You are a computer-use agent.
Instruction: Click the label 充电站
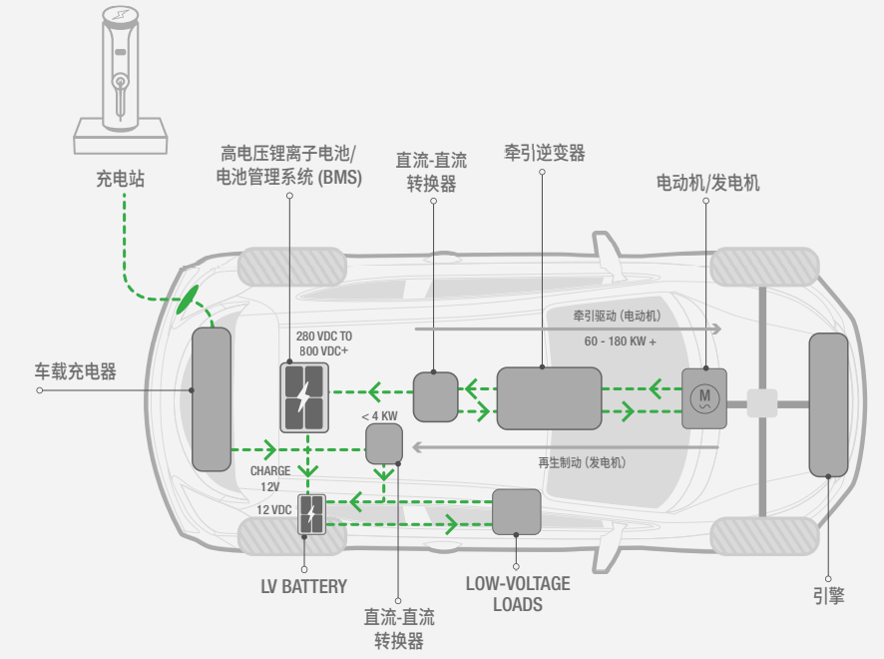(x=120, y=180)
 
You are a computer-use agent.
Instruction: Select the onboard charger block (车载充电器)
(x=211, y=399)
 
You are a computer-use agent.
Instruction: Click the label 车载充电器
(x=74, y=371)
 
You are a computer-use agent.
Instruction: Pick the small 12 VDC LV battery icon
(x=312, y=514)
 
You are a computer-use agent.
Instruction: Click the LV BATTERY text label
(x=302, y=586)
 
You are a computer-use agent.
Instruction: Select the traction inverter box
(x=549, y=398)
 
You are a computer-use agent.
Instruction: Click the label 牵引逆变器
(x=544, y=153)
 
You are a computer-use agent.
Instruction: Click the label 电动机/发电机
(x=707, y=183)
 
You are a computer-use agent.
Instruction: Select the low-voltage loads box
(x=517, y=512)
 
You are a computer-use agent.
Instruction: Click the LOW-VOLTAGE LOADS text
(x=517, y=593)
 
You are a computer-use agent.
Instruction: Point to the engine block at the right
(x=828, y=405)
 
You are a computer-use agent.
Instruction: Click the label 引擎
(x=828, y=595)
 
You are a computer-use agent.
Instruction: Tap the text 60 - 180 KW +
(x=620, y=341)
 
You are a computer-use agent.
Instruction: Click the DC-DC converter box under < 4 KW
(x=383, y=443)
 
